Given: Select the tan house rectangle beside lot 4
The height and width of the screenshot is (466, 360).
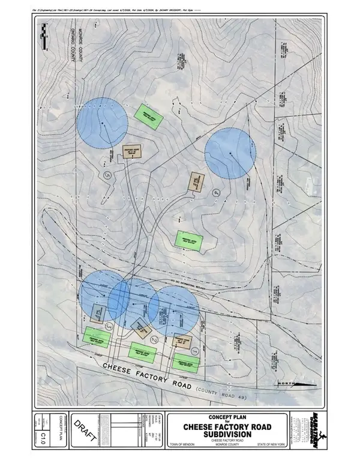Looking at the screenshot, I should tap(196, 181).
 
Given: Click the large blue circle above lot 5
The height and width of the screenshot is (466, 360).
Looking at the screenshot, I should tap(103, 123).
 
